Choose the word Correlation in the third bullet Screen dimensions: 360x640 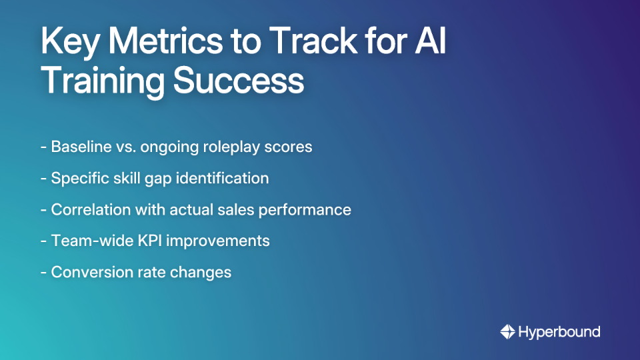[88, 209]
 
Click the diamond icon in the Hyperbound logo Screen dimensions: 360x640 [507, 331]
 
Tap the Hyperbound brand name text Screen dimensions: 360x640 [559, 331]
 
